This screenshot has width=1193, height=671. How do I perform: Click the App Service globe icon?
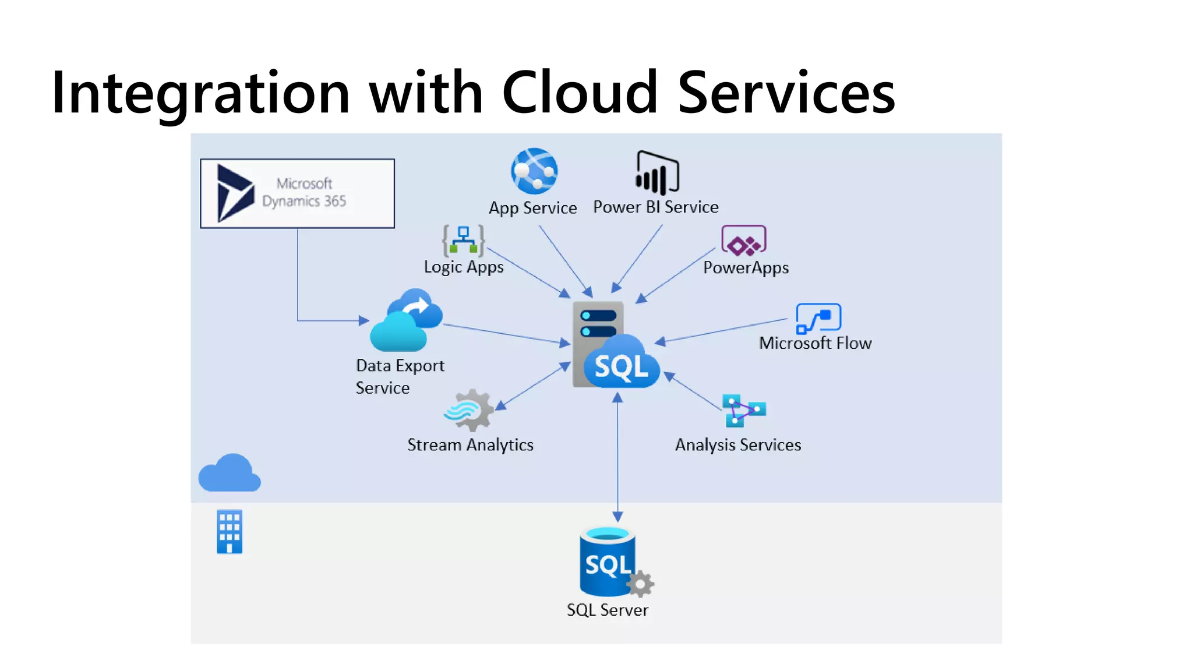[x=534, y=171]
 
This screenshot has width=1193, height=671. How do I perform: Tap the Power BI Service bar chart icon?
[x=657, y=173]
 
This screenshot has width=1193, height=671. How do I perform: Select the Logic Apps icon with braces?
[x=463, y=241]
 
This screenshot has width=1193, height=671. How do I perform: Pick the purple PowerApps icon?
[x=744, y=241]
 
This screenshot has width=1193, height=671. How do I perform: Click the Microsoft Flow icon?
[x=818, y=319]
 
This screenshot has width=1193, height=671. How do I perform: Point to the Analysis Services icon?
[x=744, y=411]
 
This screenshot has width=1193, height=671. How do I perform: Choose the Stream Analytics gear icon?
[x=469, y=409]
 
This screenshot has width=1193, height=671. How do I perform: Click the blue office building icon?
[x=230, y=532]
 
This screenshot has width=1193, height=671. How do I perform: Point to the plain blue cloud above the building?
[x=230, y=474]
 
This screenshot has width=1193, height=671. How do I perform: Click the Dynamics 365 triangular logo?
[x=235, y=193]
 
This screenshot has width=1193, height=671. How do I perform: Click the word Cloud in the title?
[x=580, y=93]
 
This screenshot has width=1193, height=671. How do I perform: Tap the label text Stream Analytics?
[x=470, y=445]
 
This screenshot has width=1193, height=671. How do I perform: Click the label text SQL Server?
[x=607, y=610]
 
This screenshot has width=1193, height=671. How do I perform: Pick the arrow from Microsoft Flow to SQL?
[x=722, y=330]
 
